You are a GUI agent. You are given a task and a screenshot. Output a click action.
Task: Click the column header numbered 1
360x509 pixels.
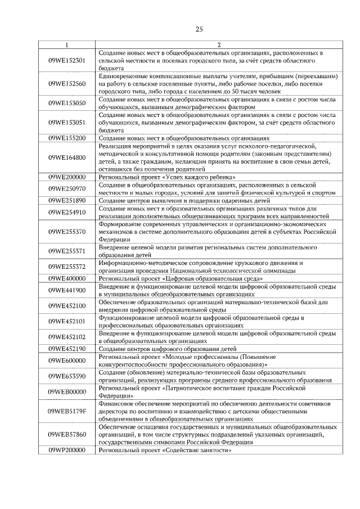tap(67, 45)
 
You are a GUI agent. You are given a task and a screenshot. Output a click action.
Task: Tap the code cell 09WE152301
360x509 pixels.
tap(67, 60)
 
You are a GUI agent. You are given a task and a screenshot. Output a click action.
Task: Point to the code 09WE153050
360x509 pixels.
tap(67, 103)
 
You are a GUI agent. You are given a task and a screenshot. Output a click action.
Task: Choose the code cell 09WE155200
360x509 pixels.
tap(67, 138)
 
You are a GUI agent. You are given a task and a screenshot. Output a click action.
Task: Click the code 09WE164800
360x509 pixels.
tap(67, 157)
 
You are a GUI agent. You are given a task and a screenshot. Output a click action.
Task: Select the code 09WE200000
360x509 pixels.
tap(67, 177)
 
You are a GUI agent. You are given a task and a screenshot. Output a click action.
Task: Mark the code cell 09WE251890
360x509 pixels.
tap(67, 200)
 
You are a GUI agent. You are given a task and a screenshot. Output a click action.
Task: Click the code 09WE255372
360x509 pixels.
tap(67, 267)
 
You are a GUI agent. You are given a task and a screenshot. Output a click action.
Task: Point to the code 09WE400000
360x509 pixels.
tap(67, 278)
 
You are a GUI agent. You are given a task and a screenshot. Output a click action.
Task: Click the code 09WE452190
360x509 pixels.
tap(67, 349)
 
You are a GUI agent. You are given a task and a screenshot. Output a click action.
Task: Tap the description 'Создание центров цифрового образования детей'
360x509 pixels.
tap(164, 349)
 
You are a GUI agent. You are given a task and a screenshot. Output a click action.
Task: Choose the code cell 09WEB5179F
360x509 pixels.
tap(67, 412)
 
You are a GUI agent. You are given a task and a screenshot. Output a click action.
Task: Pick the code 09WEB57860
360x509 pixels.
tap(67, 435)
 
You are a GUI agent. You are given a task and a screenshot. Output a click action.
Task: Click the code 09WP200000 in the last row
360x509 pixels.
tap(67, 451)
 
